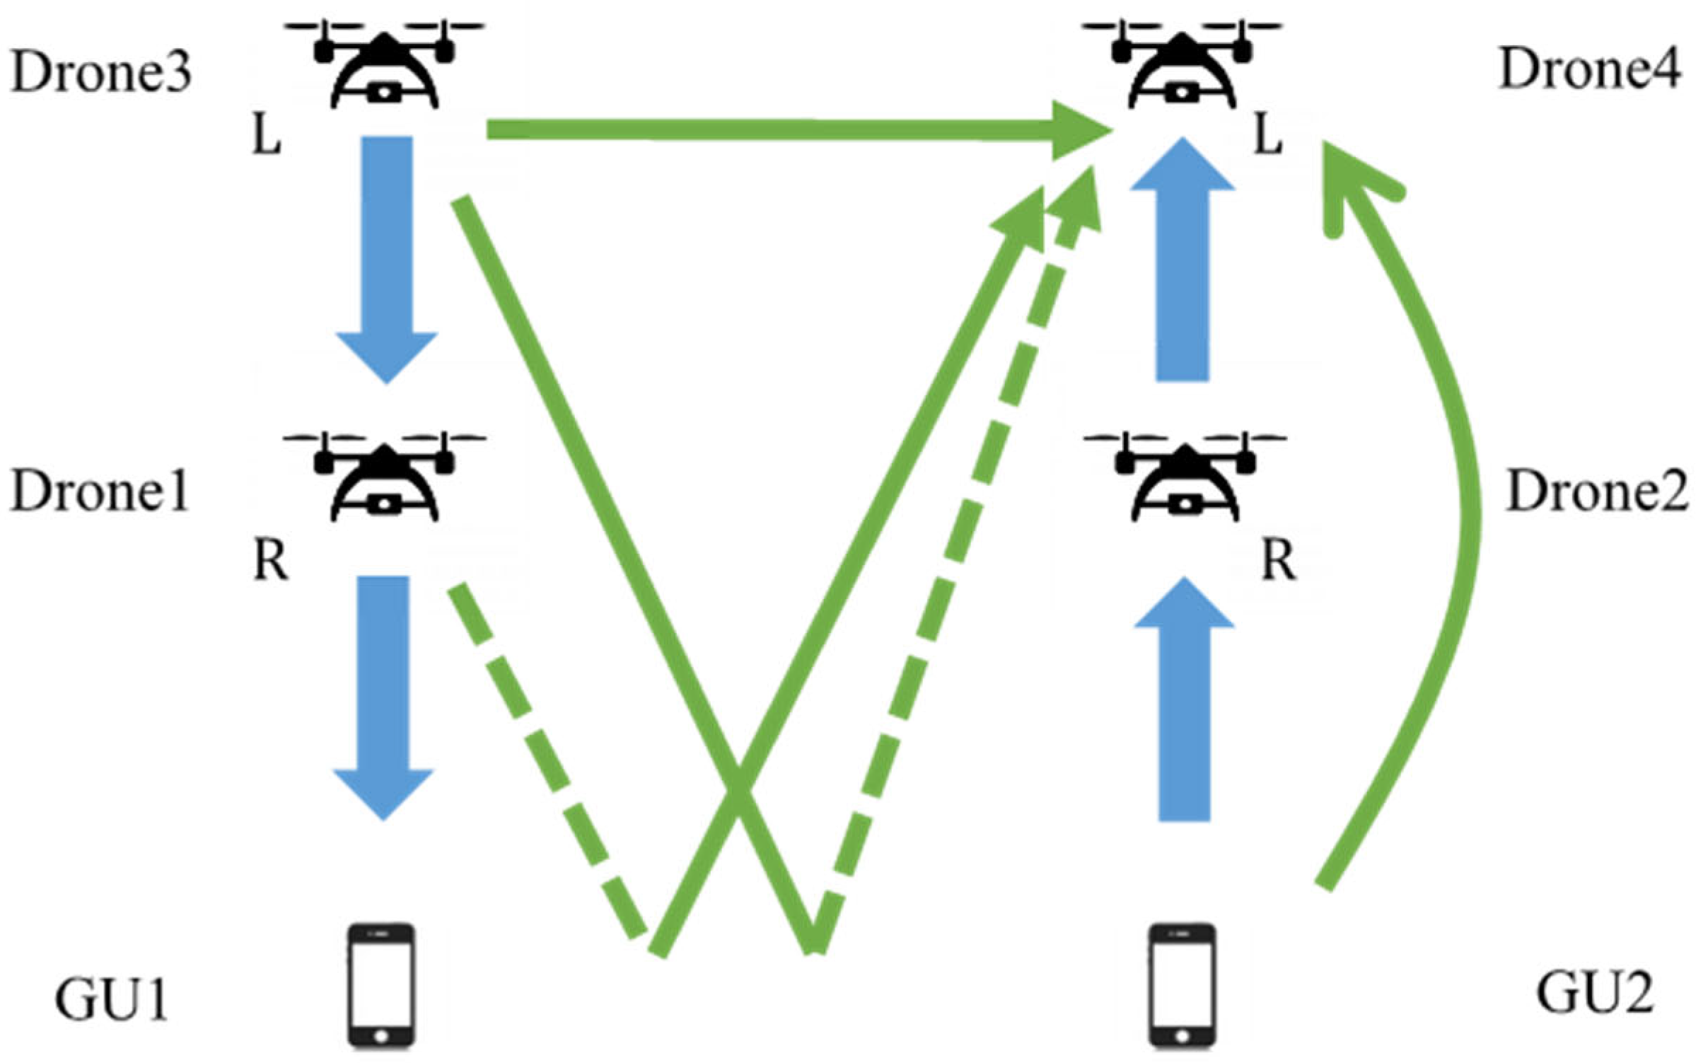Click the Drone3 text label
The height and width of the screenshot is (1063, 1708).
[x=101, y=73]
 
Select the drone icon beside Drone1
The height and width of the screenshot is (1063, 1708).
[x=384, y=477]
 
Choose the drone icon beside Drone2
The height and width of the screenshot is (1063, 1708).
[x=1185, y=477]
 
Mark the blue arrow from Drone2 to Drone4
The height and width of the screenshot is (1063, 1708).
[x=1183, y=262]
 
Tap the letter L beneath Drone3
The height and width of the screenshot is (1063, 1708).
[x=267, y=139]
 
